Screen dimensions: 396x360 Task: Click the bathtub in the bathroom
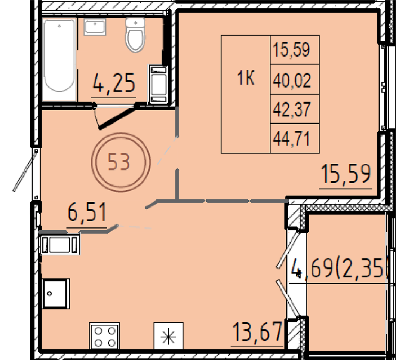tap(59, 59)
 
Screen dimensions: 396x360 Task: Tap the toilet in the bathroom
tap(135, 34)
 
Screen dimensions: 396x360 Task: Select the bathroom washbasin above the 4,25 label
tap(95, 27)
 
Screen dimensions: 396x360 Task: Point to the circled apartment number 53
tap(121, 162)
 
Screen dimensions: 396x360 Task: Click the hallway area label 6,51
tap(87, 213)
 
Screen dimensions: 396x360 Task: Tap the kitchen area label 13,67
tap(257, 331)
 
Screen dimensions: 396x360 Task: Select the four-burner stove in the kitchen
tap(105, 336)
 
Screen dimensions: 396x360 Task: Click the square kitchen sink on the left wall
tap(56, 293)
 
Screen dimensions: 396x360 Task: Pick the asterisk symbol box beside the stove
tap(168, 336)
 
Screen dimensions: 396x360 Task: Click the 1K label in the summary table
tap(246, 79)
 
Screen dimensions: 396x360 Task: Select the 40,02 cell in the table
tap(292, 80)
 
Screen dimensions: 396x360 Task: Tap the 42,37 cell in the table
tap(292, 109)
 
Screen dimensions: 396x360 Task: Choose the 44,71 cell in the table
tap(292, 139)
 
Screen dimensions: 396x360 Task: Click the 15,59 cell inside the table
tap(292, 50)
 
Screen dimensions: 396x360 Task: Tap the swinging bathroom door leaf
tap(119, 116)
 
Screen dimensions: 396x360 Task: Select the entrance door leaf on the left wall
tap(24, 170)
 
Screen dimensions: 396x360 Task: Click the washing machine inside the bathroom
tap(159, 84)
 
